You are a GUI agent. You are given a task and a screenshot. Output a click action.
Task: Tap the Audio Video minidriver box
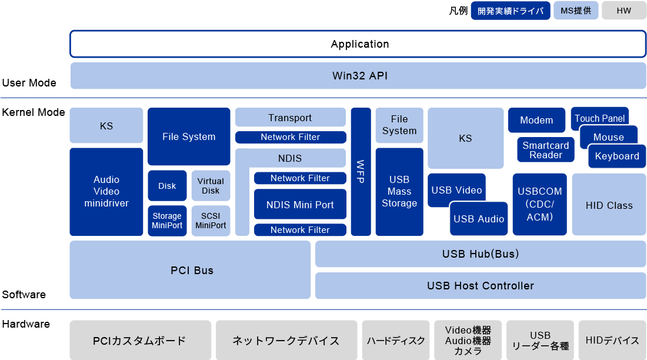(106, 192)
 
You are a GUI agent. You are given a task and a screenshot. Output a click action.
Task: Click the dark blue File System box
(189, 136)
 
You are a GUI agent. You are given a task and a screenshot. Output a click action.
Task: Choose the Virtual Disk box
(211, 186)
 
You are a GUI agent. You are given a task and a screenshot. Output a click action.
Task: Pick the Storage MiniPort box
(167, 221)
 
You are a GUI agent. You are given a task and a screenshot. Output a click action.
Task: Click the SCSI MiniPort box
(211, 221)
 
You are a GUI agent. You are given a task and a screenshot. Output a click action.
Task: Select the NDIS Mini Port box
(300, 205)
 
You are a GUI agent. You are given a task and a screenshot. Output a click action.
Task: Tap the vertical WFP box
(361, 172)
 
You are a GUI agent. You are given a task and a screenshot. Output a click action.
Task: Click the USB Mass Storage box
(399, 192)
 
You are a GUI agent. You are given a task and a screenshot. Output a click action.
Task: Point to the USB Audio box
(478, 219)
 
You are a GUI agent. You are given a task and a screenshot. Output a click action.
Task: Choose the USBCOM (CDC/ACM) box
(539, 204)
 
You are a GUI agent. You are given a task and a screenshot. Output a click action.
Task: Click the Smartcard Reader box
(546, 150)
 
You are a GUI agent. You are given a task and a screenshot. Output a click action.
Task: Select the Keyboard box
(616, 156)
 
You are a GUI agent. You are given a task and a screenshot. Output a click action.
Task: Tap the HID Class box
(609, 205)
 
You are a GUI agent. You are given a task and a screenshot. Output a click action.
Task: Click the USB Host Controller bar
(480, 286)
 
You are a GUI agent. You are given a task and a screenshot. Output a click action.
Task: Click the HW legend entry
(623, 11)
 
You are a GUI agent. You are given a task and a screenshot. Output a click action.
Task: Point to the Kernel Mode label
(33, 112)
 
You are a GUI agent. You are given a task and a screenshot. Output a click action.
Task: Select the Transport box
(290, 118)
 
